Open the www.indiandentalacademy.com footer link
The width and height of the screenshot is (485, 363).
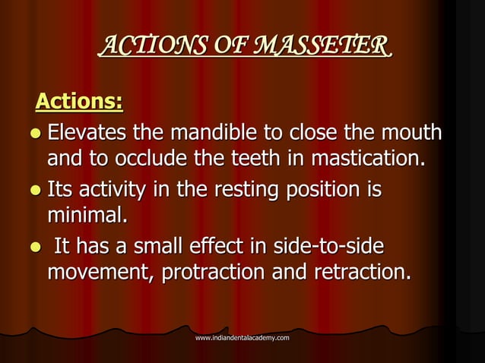pyautogui.click(x=242, y=336)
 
